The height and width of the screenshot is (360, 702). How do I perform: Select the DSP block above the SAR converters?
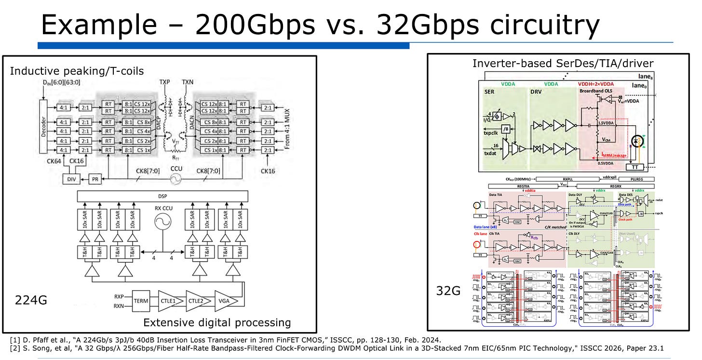(x=162, y=197)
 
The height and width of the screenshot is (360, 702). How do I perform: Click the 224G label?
(x=32, y=300)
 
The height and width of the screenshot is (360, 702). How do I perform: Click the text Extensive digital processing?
(x=217, y=322)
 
